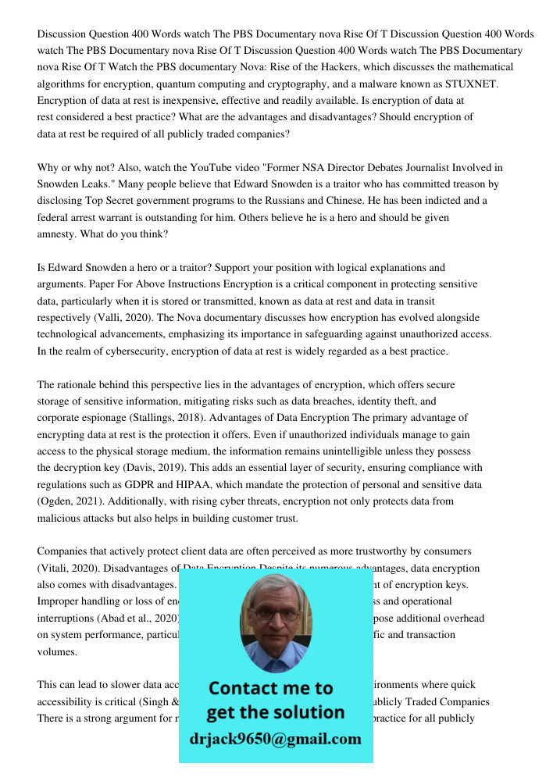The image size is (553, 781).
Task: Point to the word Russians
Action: (317, 200)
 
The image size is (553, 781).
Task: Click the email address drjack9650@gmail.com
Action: (275, 738)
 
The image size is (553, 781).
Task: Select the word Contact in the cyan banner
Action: (248, 688)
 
